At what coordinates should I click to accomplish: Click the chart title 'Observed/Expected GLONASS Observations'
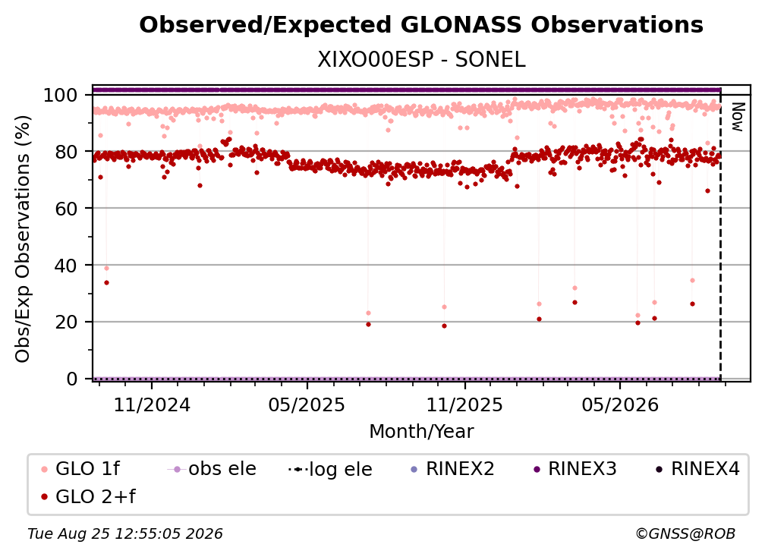pyautogui.click(x=421, y=24)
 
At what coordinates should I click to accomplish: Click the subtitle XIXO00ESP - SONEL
pyautogui.click(x=421, y=60)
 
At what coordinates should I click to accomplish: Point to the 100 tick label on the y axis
pyautogui.click(x=61, y=95)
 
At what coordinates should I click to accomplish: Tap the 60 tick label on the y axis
pyautogui.click(x=66, y=208)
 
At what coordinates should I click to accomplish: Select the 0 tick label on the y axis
pyautogui.click(x=72, y=379)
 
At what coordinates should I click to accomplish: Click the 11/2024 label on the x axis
pyautogui.click(x=152, y=404)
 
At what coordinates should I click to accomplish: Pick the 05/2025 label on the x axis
pyautogui.click(x=307, y=404)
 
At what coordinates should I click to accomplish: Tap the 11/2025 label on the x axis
pyautogui.click(x=464, y=404)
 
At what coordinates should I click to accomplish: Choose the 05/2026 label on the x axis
pyautogui.click(x=619, y=404)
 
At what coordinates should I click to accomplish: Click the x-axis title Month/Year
pyautogui.click(x=421, y=431)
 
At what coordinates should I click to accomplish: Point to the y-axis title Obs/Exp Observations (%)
pyautogui.click(x=23, y=238)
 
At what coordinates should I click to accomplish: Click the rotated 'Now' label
pyautogui.click(x=737, y=117)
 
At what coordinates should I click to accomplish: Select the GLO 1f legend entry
pyautogui.click(x=81, y=469)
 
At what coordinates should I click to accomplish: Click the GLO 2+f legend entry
pyautogui.click(x=88, y=496)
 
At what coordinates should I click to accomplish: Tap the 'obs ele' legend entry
pyautogui.click(x=212, y=469)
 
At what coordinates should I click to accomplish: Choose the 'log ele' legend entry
pyautogui.click(x=330, y=469)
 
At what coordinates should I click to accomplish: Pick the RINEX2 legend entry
pyautogui.click(x=453, y=469)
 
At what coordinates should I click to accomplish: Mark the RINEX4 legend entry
pyautogui.click(x=697, y=469)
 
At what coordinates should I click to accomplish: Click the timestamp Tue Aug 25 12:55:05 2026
pyautogui.click(x=125, y=533)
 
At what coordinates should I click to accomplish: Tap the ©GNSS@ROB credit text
pyautogui.click(x=685, y=533)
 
